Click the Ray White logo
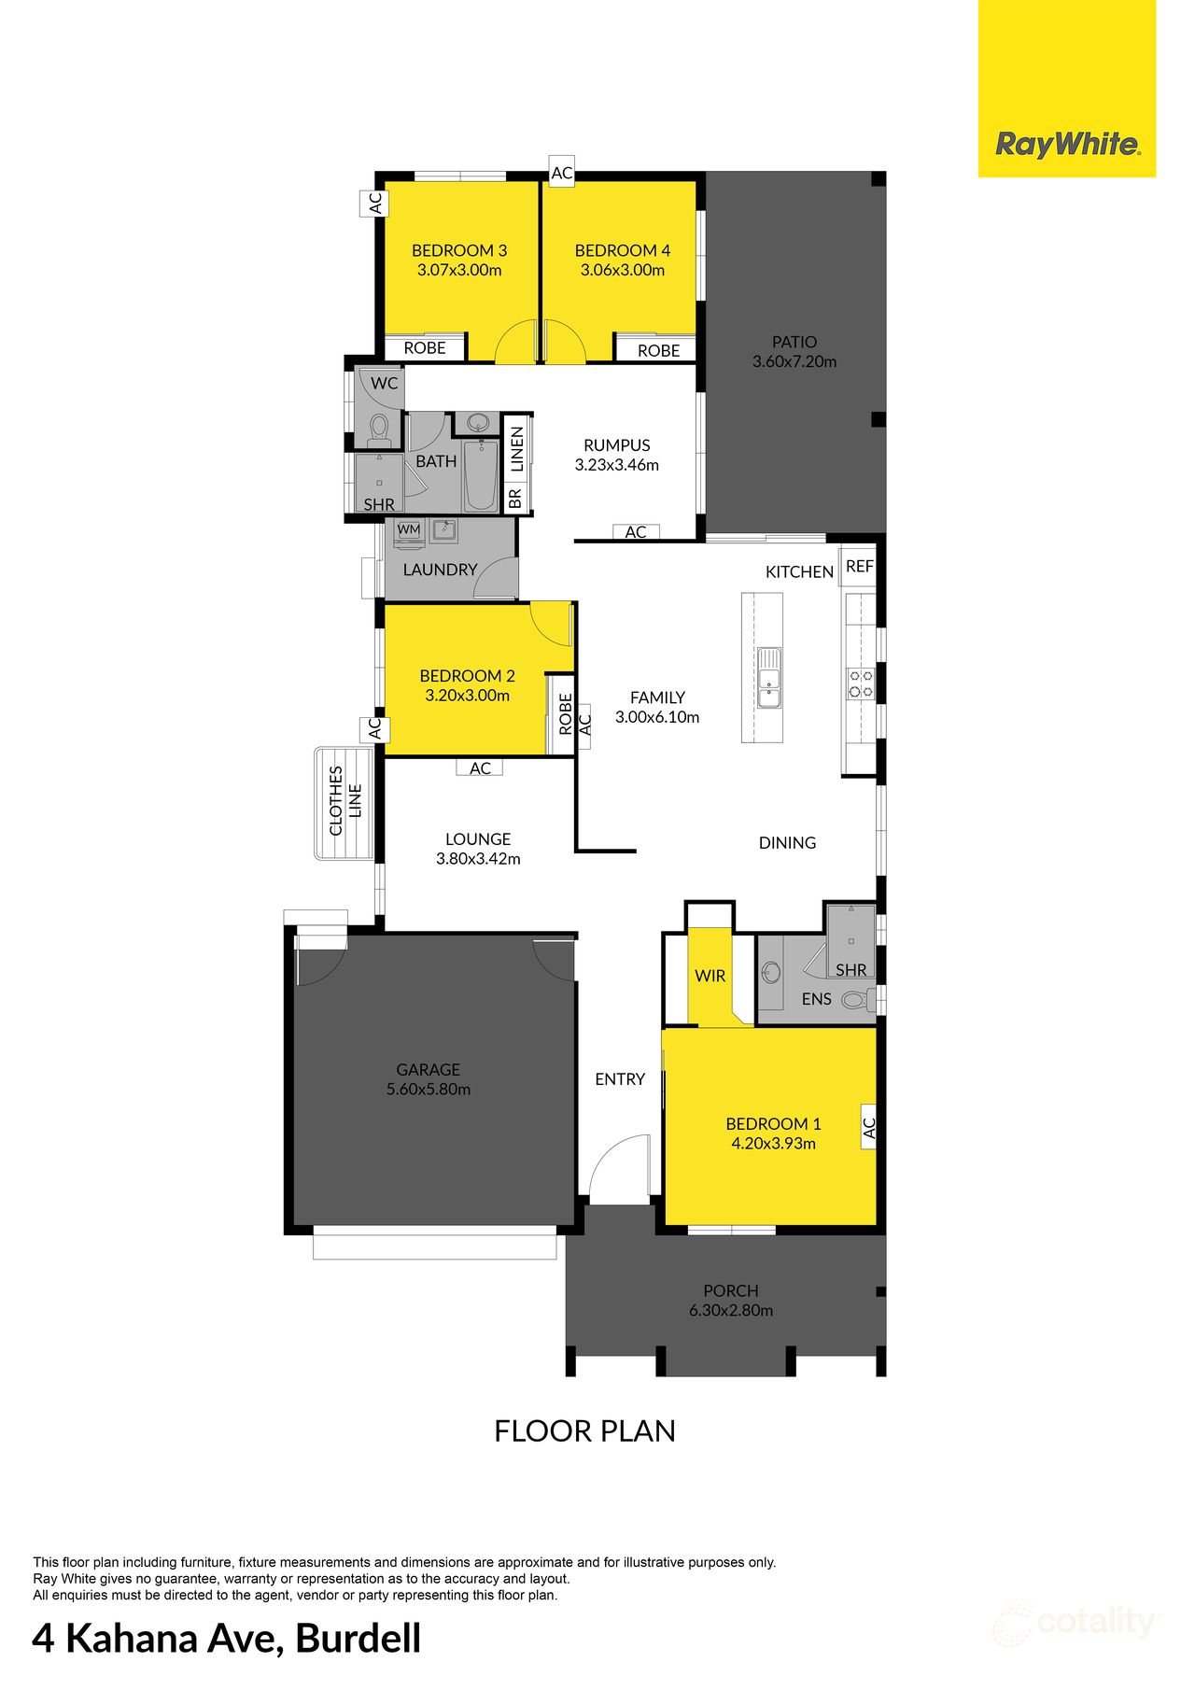[x=1066, y=145]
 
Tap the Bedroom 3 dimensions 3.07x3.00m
[x=459, y=271]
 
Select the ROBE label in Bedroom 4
[x=658, y=351]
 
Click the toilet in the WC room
[x=378, y=429]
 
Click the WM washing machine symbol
[x=409, y=529]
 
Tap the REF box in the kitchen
[x=859, y=567]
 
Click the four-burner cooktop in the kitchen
[x=861, y=683]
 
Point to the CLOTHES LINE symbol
[x=344, y=802]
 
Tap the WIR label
[x=710, y=976]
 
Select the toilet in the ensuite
[x=855, y=1000]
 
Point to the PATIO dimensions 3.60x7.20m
[x=794, y=362]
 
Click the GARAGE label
[x=428, y=1070]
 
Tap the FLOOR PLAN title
[x=584, y=1431]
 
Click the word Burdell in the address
[x=358, y=1639]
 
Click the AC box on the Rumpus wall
[x=636, y=532]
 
